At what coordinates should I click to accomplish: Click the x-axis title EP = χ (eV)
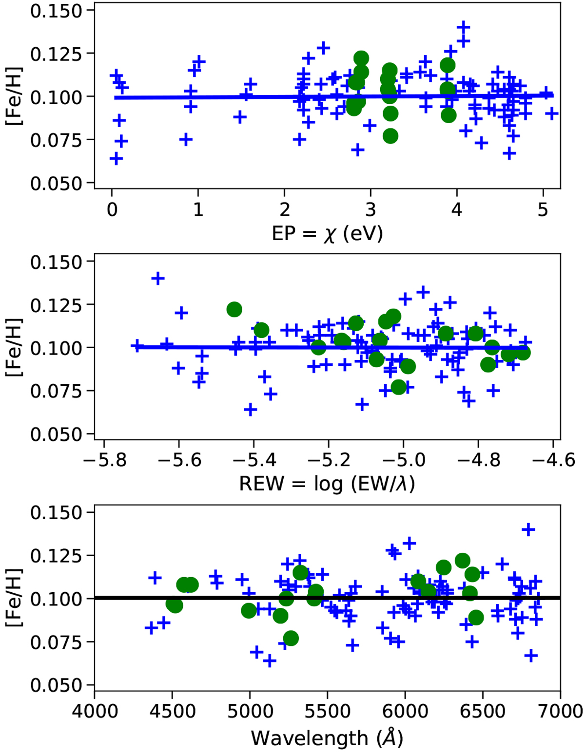(327, 233)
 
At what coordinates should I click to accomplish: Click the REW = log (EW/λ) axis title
(327, 484)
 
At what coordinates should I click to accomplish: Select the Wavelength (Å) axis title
(327, 738)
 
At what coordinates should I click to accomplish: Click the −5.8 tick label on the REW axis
(104, 459)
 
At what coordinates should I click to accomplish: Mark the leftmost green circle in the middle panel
(234, 309)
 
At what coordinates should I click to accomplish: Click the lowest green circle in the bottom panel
(291, 638)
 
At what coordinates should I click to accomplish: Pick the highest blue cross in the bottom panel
(528, 529)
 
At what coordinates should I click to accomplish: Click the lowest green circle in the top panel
(390, 136)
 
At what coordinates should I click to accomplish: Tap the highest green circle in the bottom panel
(463, 561)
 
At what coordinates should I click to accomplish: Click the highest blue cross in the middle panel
(157, 279)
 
